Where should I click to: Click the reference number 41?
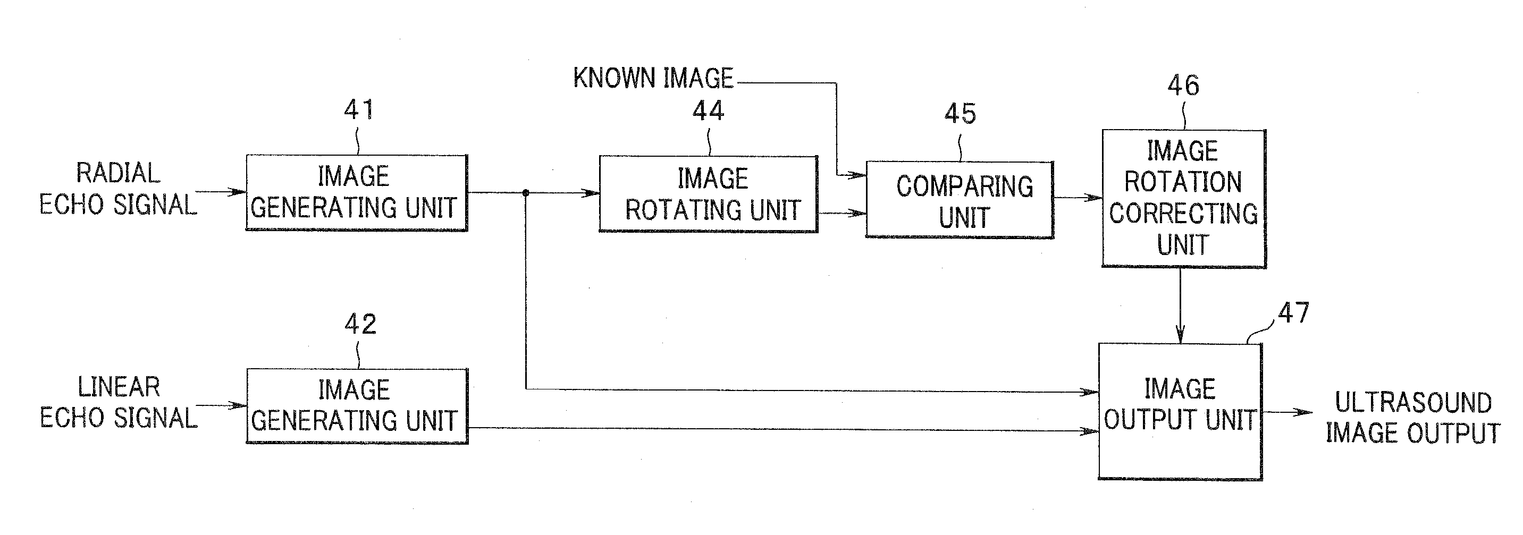point(359,110)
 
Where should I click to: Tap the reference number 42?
point(360,324)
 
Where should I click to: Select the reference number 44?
point(708,111)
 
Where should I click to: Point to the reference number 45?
point(960,114)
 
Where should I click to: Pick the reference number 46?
point(1183,86)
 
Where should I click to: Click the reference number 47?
point(1293,312)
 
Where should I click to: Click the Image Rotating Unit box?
point(708,194)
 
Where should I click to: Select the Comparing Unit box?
point(959,200)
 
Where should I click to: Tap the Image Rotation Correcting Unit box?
point(1183,198)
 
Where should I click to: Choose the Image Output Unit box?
point(1180,411)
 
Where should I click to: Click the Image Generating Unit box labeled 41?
point(357,193)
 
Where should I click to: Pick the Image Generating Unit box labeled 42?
point(357,406)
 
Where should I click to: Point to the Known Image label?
point(653,79)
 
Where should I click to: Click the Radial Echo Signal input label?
point(118,189)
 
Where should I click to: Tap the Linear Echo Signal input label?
point(118,403)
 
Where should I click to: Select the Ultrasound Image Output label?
point(1413,418)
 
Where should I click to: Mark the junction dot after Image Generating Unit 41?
point(526,193)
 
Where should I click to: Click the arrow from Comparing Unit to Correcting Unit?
point(1077,198)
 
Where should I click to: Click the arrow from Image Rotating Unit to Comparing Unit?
point(842,213)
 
